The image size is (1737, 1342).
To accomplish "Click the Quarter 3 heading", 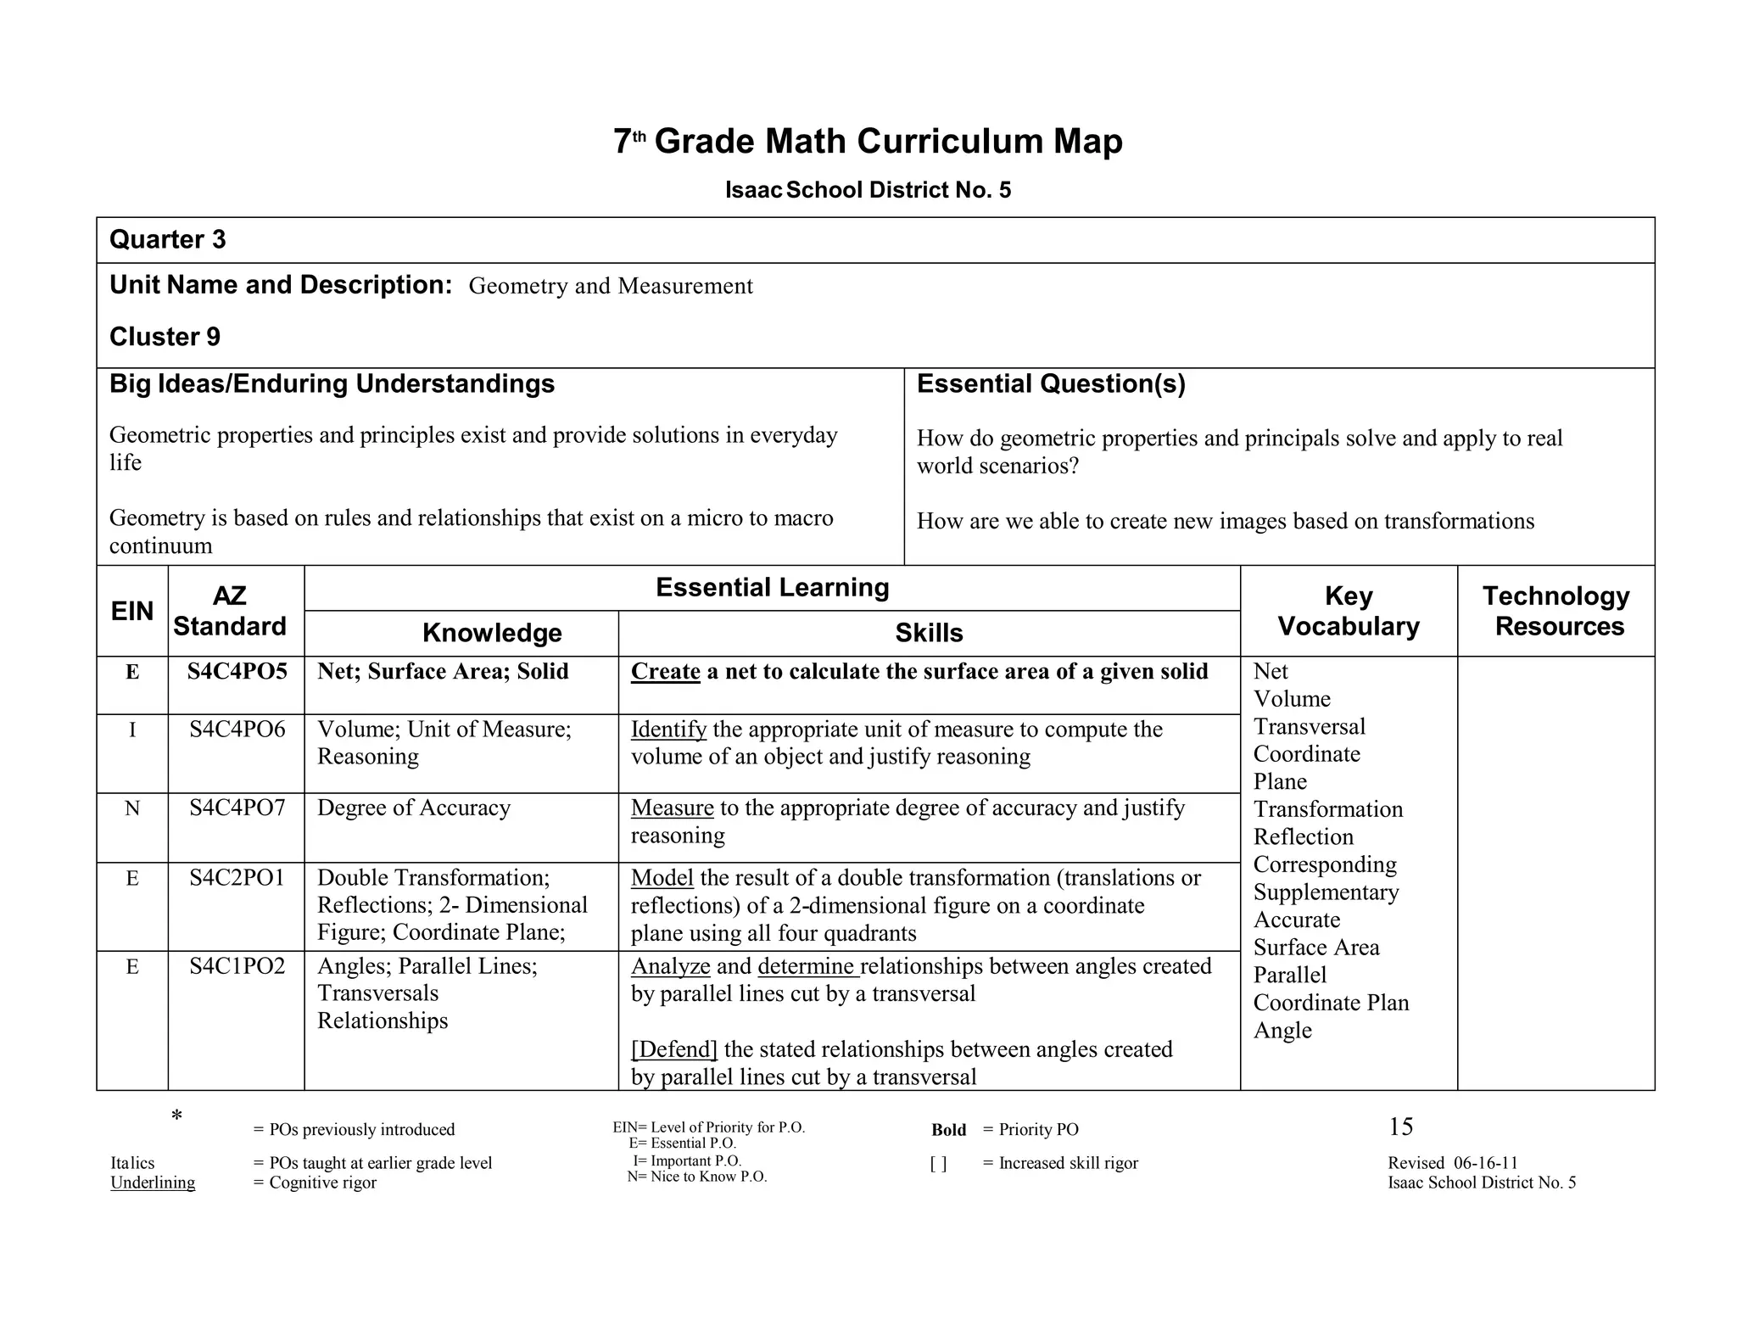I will [x=168, y=240].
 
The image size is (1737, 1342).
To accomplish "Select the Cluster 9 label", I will [x=165, y=337].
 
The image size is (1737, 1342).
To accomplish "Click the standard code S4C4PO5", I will [x=237, y=672].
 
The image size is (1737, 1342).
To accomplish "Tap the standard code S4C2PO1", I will [x=237, y=878].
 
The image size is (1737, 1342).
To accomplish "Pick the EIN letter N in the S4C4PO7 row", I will [x=132, y=808].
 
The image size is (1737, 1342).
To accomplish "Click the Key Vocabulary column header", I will [x=1348, y=611].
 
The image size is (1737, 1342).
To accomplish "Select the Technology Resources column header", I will [x=1555, y=611].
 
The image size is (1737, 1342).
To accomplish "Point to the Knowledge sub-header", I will [x=492, y=633].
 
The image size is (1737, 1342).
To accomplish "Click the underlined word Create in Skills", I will [x=665, y=672].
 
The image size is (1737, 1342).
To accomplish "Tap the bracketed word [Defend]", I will [x=674, y=1049].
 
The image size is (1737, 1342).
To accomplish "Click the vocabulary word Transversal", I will [x=1309, y=727].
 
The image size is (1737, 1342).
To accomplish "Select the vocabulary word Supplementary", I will [x=1326, y=892].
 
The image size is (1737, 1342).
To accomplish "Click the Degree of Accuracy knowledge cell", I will [x=414, y=808].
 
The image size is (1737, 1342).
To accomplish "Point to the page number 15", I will [x=1400, y=1127].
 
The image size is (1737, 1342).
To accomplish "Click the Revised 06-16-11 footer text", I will [x=1452, y=1163].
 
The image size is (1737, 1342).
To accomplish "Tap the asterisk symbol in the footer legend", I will [x=176, y=1116].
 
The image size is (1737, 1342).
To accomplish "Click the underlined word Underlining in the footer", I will [x=153, y=1183].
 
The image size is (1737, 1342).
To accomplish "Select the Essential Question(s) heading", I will [x=1050, y=384].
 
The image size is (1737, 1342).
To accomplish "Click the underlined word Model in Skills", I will [x=662, y=878].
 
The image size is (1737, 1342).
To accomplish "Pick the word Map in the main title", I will [x=1087, y=141].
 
